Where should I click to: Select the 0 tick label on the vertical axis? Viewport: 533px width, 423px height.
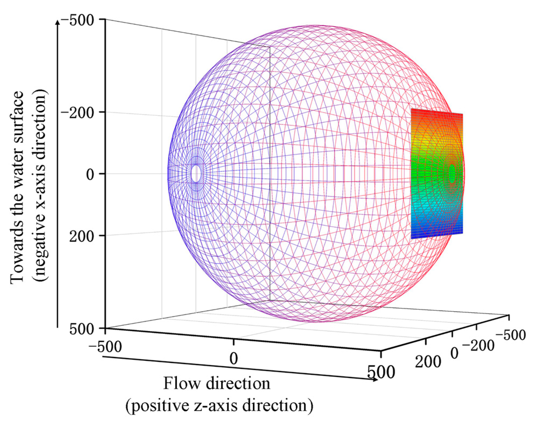[90, 175]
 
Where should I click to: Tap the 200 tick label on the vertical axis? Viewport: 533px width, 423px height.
[82, 237]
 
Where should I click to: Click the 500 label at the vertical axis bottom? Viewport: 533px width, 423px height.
[82, 329]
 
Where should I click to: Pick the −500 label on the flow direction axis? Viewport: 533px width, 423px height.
[105, 347]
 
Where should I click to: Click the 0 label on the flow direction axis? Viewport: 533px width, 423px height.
[234, 358]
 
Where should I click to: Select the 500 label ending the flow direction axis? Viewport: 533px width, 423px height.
[381, 372]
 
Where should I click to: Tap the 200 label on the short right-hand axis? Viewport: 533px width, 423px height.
[428, 361]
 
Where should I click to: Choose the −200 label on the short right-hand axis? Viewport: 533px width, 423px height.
[482, 345]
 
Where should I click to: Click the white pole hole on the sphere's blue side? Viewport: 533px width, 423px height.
[196, 174]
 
